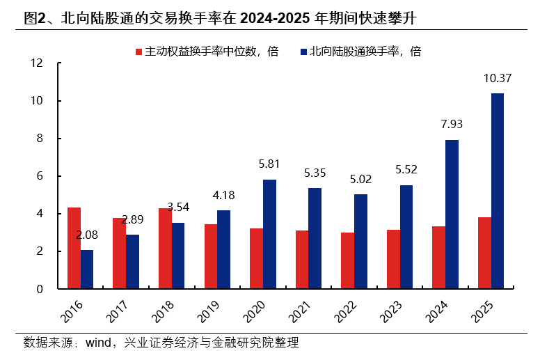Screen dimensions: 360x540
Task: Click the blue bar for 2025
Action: (498, 191)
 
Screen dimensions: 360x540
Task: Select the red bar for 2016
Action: (74, 248)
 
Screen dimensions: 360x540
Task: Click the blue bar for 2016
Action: (87, 269)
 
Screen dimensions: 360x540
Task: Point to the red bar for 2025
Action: (484, 253)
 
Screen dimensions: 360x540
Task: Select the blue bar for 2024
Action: (452, 214)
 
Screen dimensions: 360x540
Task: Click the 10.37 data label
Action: (498, 79)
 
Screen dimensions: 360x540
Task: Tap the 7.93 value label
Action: (452, 125)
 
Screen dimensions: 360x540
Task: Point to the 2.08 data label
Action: (87, 235)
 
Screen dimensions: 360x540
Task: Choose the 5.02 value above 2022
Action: (360, 180)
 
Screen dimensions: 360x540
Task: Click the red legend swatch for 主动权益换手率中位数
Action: (139, 52)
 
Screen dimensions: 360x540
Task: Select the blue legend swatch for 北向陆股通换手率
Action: (304, 52)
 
